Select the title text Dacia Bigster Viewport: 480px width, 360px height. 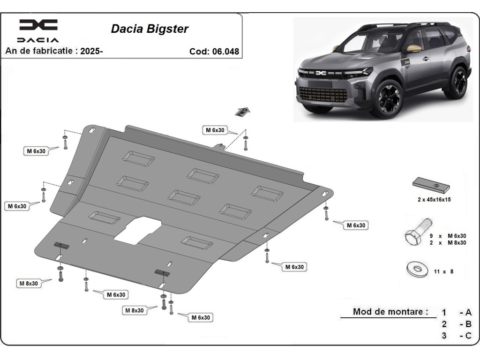click(x=150, y=29)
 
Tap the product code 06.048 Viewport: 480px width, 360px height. click(x=225, y=52)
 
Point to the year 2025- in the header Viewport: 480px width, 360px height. click(x=91, y=51)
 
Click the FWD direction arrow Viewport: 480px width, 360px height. click(x=242, y=112)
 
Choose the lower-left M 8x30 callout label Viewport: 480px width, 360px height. click(x=29, y=284)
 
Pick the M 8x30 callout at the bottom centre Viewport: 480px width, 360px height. click(x=135, y=310)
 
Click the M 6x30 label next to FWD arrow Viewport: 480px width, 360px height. click(x=215, y=130)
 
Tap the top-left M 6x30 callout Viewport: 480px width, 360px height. click(x=36, y=151)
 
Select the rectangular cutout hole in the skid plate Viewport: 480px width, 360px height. click(x=138, y=230)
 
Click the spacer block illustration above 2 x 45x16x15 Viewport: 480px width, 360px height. click(x=431, y=185)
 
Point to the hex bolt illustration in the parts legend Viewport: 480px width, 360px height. click(x=418, y=232)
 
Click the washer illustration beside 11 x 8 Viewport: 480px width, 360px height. click(x=417, y=269)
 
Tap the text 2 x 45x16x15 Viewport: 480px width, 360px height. click(x=434, y=200)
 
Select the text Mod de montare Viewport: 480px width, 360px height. click(x=388, y=312)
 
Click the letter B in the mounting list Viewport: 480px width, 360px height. click(x=468, y=324)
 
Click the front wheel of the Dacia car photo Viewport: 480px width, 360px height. click(x=389, y=98)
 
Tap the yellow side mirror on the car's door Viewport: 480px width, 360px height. click(x=414, y=48)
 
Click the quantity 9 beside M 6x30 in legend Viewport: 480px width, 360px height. click(x=431, y=236)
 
